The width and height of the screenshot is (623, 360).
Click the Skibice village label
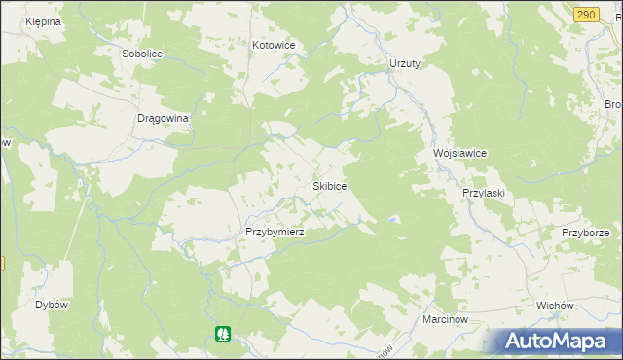tap(329, 185)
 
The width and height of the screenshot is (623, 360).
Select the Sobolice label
tap(141, 54)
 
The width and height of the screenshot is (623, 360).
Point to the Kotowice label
tap(274, 45)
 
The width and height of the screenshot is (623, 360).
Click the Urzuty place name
tap(404, 63)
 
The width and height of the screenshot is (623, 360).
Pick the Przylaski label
tap(483, 193)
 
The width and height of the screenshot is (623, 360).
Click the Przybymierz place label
tap(275, 233)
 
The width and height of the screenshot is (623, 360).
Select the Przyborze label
tap(585, 233)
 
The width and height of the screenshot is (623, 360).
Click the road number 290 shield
tap(585, 14)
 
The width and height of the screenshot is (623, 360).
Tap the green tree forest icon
tap(223, 334)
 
